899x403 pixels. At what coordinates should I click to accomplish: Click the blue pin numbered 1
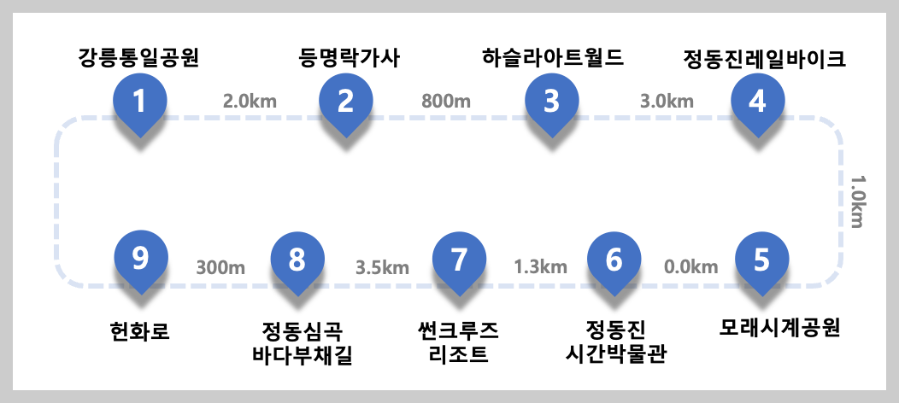pyautogui.click(x=140, y=102)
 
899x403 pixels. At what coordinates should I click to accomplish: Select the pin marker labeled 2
pyautogui.click(x=346, y=102)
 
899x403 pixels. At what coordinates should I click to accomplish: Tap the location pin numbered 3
pyautogui.click(x=551, y=102)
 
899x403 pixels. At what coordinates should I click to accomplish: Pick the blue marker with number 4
pyautogui.click(x=757, y=102)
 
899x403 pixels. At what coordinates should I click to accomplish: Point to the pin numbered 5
pyautogui.click(x=761, y=260)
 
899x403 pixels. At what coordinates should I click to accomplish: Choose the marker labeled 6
pyautogui.click(x=614, y=260)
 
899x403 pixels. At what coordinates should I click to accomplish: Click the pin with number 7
pyautogui.click(x=459, y=260)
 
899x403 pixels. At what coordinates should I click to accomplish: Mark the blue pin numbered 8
pyautogui.click(x=297, y=260)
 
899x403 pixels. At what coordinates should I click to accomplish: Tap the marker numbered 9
pyautogui.click(x=141, y=258)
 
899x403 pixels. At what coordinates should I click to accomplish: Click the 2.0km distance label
pyautogui.click(x=250, y=101)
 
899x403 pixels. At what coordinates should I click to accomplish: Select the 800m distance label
pyautogui.click(x=446, y=101)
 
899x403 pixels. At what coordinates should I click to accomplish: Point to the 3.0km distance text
pyautogui.click(x=667, y=101)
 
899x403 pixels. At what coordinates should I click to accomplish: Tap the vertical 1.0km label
pyautogui.click(x=856, y=202)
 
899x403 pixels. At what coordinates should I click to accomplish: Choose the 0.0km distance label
pyautogui.click(x=690, y=267)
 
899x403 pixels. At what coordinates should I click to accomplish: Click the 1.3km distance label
pyautogui.click(x=540, y=267)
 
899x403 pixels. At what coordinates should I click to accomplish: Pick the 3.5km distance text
pyautogui.click(x=382, y=267)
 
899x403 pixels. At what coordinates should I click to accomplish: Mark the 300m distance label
pyautogui.click(x=220, y=267)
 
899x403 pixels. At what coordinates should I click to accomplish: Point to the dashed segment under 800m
pyautogui.click(x=446, y=118)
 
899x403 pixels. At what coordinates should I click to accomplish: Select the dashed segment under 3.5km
pyautogui.click(x=382, y=285)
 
